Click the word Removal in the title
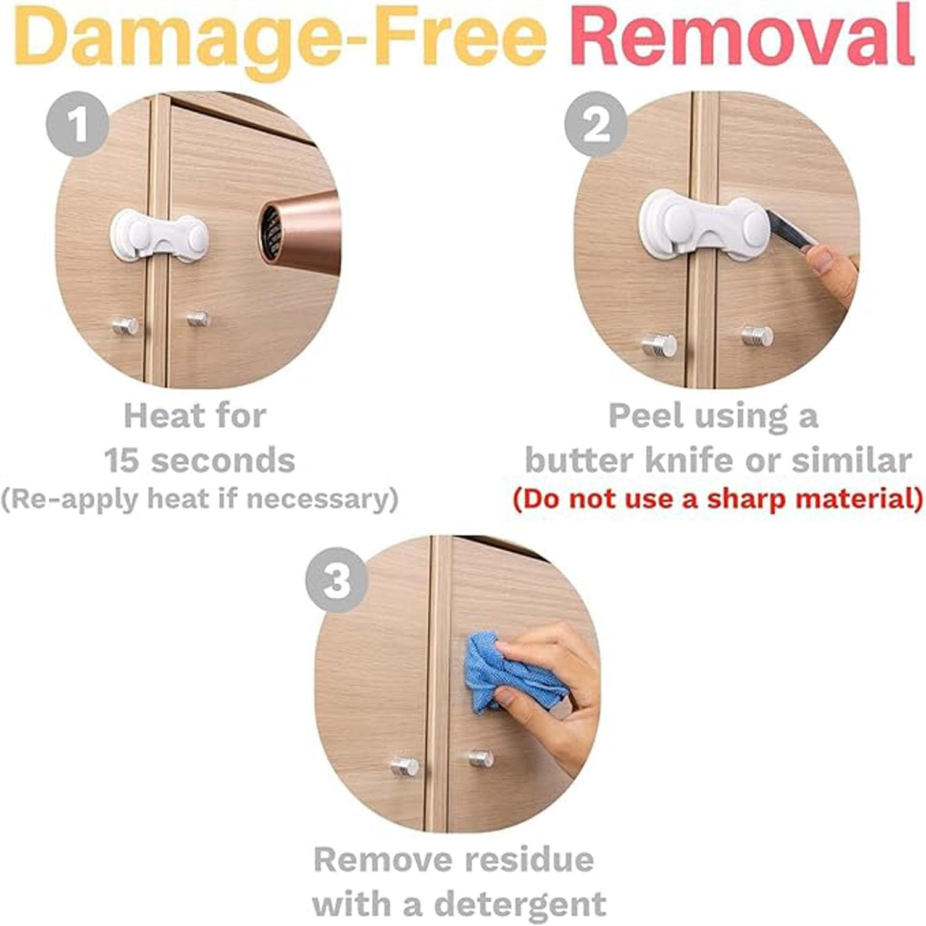(741, 36)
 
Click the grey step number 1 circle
(78, 124)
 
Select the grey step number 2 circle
(596, 124)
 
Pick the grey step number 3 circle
(336, 580)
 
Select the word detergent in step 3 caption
(520, 905)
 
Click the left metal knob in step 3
(404, 767)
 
